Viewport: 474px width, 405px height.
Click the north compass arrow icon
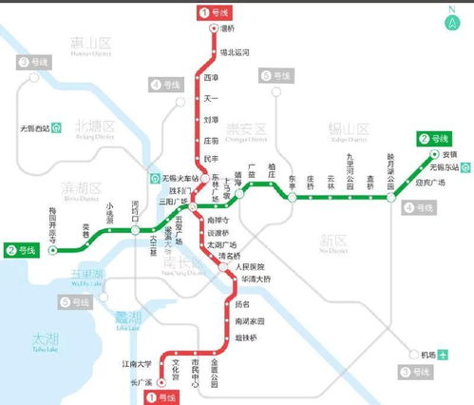(453, 20)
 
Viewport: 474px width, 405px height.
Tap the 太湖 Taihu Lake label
(44, 338)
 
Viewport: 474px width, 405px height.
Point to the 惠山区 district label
(91, 44)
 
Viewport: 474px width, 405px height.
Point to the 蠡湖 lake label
(128, 318)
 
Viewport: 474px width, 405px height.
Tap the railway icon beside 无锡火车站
(155, 179)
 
